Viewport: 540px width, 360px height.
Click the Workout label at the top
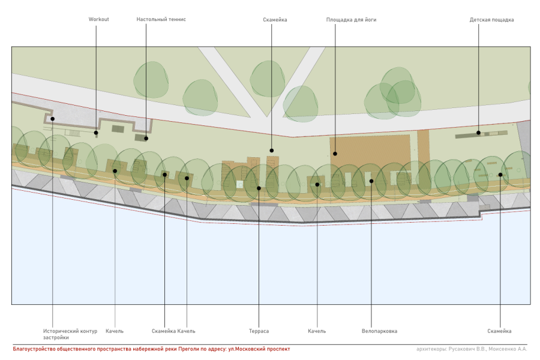tap(98, 19)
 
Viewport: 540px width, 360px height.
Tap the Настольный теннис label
tap(161, 19)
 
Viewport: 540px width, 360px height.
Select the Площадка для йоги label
tap(351, 20)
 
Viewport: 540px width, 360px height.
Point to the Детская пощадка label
tap(491, 20)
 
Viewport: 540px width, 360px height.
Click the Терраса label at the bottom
tap(259, 331)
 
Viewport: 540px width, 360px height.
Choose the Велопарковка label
tap(379, 331)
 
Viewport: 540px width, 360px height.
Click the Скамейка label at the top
tap(275, 20)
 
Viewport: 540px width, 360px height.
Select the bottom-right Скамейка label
tap(499, 331)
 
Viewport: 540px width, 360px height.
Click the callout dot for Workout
tap(96, 133)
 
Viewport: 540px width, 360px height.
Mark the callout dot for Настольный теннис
tap(146, 139)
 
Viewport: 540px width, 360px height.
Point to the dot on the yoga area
tap(335, 154)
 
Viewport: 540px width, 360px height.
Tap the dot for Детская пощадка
tap(478, 133)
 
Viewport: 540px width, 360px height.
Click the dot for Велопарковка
tap(371, 181)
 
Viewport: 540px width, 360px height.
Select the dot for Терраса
tap(259, 188)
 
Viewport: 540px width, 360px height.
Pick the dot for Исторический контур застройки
tap(53, 118)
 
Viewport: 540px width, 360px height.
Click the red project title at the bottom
tap(151, 349)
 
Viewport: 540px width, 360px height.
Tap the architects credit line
tap(471, 349)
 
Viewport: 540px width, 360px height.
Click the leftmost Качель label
tap(115, 331)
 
